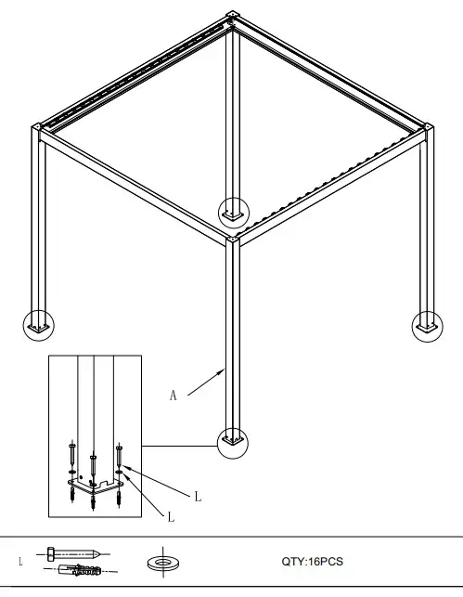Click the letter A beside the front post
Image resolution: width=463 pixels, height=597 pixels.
pyautogui.click(x=173, y=396)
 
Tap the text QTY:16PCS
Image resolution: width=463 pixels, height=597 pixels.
pyautogui.click(x=312, y=562)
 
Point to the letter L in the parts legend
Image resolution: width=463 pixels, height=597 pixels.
pyautogui.click(x=20, y=562)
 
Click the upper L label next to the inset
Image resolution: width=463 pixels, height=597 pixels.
pyautogui.click(x=198, y=496)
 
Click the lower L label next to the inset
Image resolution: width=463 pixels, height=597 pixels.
pyautogui.click(x=171, y=516)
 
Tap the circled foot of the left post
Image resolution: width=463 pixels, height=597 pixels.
pyautogui.click(x=38, y=325)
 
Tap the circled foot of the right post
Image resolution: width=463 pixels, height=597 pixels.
pyautogui.click(x=428, y=325)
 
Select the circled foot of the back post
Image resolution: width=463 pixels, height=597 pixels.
pyautogui.click(x=233, y=212)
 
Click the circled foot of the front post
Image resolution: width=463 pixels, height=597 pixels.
pyautogui.click(x=233, y=441)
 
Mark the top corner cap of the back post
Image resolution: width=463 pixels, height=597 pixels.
pyautogui.click(x=232, y=16)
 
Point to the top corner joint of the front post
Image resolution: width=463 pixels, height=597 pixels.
pyautogui.click(x=233, y=240)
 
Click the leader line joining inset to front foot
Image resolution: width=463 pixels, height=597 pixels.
pyautogui.click(x=179, y=446)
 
